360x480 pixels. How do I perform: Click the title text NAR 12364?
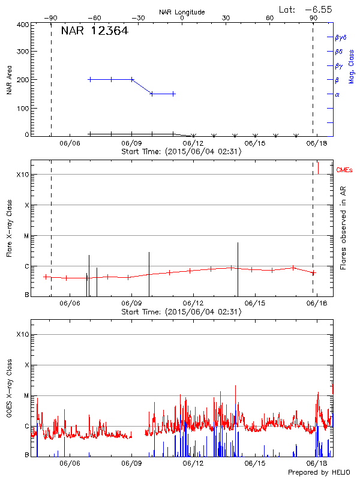(94, 31)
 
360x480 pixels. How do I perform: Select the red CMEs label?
(344, 171)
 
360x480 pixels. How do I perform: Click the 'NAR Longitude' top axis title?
(182, 12)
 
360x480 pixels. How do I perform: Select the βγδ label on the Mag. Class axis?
(340, 37)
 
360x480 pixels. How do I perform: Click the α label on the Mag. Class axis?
(337, 94)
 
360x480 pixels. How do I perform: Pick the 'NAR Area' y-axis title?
(9, 80)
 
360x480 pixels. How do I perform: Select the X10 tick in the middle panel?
(22, 175)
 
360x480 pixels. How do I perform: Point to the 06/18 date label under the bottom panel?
(316, 464)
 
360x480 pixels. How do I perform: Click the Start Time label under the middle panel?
(181, 311)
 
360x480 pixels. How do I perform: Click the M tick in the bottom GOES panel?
(26, 396)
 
